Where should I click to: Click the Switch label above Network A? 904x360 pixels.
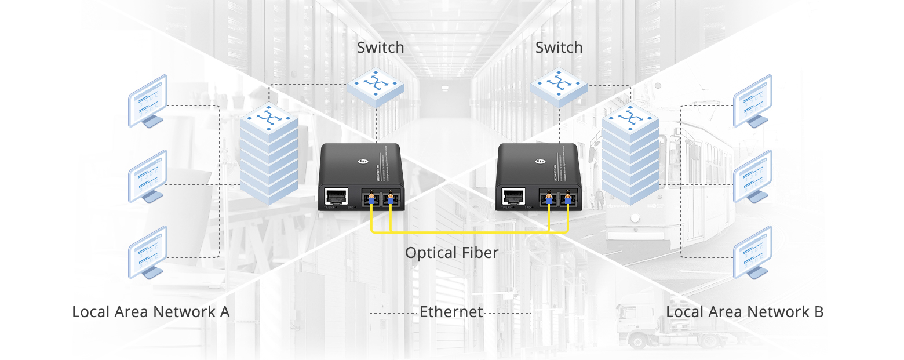pyautogui.click(x=380, y=48)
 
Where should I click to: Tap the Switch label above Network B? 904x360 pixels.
pyautogui.click(x=559, y=48)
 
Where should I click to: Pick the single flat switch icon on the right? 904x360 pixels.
pyautogui.click(x=559, y=88)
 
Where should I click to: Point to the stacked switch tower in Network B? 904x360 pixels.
pyautogui.click(x=630, y=153)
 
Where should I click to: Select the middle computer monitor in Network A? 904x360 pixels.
pyautogui.click(x=148, y=176)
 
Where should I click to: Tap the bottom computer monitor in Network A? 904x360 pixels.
pyautogui.click(x=148, y=252)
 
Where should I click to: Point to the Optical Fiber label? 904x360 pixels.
pyautogui.click(x=451, y=253)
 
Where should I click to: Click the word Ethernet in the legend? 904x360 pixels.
pyautogui.click(x=451, y=312)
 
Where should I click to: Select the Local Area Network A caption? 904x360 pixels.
pyautogui.click(x=151, y=312)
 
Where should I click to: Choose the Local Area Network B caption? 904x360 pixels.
pyautogui.click(x=745, y=312)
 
